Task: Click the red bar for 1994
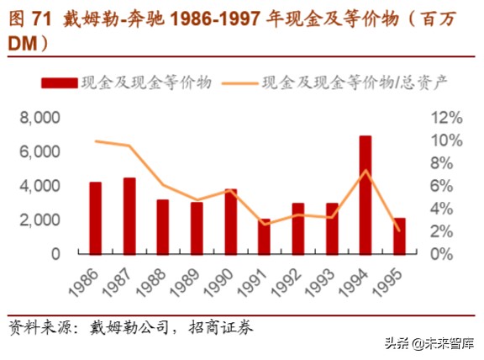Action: coord(366,194)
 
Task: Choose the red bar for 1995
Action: coord(399,236)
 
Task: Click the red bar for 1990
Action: coord(230,220)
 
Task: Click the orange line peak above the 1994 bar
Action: coord(366,171)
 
